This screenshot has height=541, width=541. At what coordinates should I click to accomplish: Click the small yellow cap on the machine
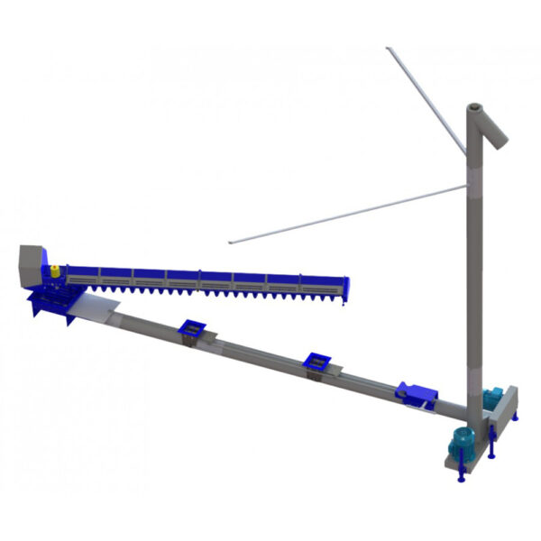click(x=54, y=270)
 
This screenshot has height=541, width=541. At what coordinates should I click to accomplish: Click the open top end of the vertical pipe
click(x=473, y=107)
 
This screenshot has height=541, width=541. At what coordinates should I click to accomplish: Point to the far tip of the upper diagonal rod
click(x=388, y=49)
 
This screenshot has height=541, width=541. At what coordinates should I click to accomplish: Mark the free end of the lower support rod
click(x=232, y=242)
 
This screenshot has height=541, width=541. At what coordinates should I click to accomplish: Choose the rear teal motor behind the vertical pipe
click(x=493, y=397)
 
